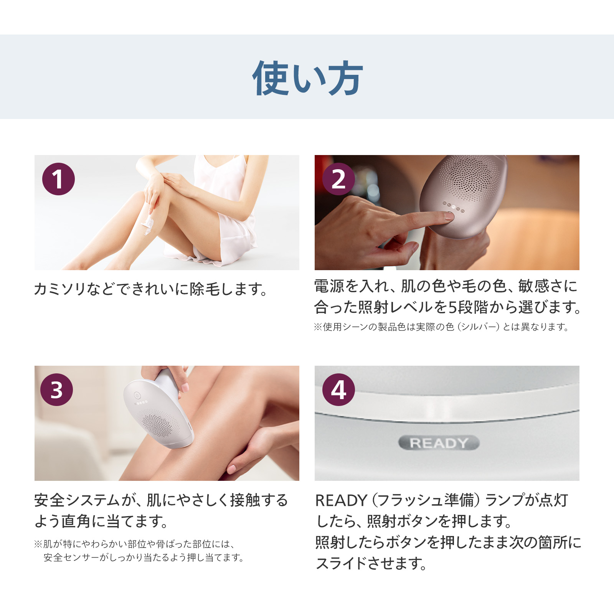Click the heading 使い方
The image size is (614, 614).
click(x=307, y=78)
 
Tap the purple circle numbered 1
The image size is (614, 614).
click(x=58, y=179)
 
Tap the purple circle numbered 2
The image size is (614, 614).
click(x=338, y=179)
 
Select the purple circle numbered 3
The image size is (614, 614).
click(x=56, y=390)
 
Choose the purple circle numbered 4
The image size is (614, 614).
click(x=338, y=390)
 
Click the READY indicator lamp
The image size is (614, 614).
click(x=439, y=443)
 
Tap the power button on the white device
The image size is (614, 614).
click(x=137, y=395)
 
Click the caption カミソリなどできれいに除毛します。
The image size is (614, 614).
click(x=151, y=289)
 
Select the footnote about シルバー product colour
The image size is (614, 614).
click(x=441, y=327)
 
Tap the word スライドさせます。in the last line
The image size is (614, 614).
click(x=371, y=563)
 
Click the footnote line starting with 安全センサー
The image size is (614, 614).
click(x=144, y=557)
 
